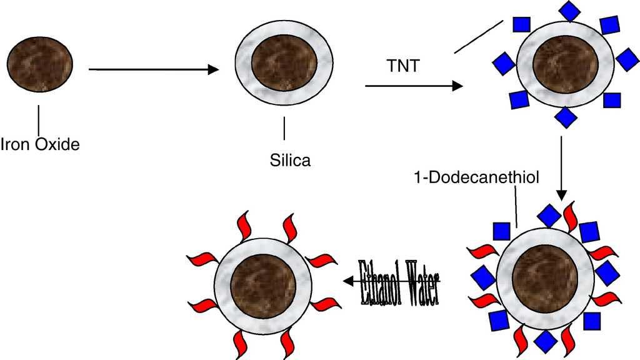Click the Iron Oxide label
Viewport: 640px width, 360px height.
[x=40, y=145]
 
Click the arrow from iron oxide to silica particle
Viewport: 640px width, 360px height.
[x=153, y=70]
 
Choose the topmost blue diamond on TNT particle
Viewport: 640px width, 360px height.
[x=569, y=11]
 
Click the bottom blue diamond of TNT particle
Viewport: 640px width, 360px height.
[x=566, y=117]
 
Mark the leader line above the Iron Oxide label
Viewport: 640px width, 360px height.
[x=39, y=119]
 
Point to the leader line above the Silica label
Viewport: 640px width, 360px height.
[x=285, y=129]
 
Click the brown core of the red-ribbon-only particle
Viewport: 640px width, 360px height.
[x=263, y=291]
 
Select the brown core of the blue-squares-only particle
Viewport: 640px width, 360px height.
[x=566, y=65]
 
